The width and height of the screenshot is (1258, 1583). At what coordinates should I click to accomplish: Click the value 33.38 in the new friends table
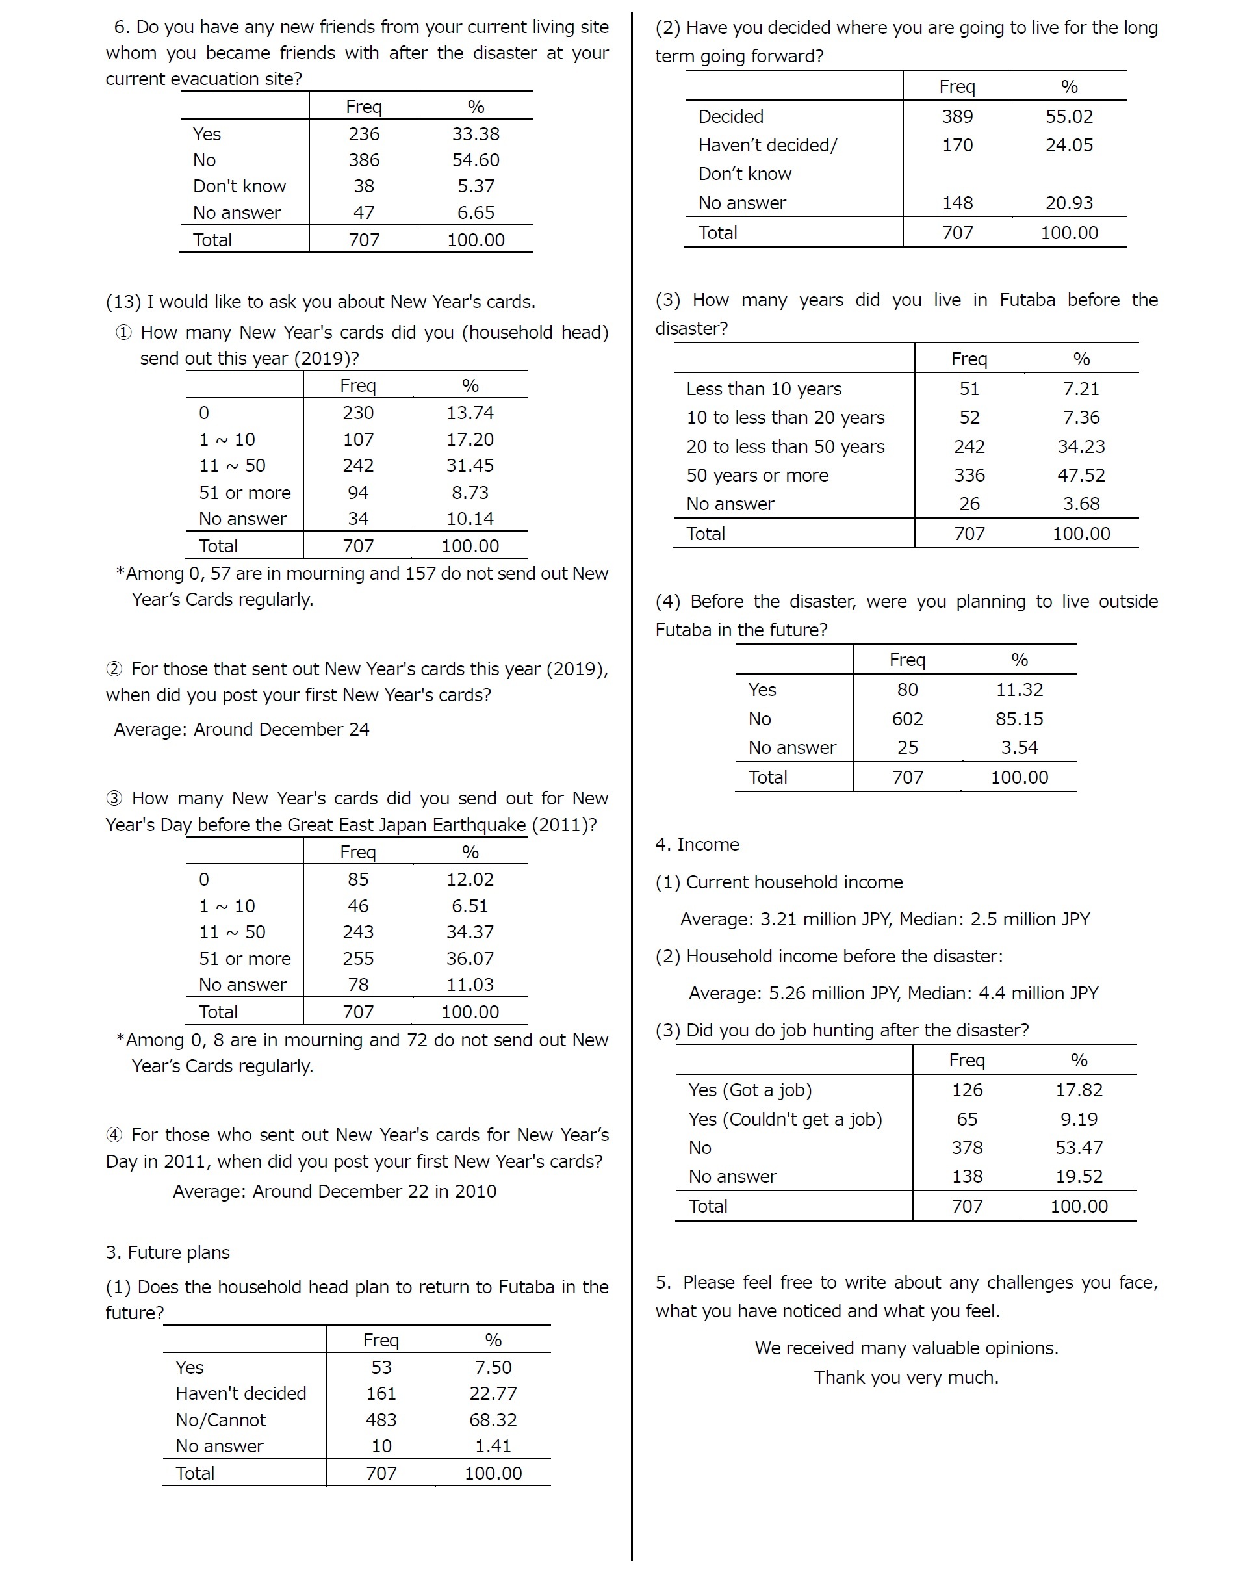click(475, 134)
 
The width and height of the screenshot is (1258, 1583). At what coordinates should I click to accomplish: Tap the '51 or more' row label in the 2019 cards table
click(244, 493)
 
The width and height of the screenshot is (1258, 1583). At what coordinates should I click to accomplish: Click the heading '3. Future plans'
click(168, 1252)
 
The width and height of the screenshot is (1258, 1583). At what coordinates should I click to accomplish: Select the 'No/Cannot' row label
click(220, 1420)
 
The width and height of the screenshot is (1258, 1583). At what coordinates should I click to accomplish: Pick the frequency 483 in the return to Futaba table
click(381, 1420)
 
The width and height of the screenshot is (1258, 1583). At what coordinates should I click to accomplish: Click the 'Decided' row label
click(731, 116)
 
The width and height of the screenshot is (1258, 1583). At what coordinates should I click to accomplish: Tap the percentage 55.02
click(1070, 116)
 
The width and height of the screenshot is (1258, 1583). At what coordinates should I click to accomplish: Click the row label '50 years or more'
click(757, 475)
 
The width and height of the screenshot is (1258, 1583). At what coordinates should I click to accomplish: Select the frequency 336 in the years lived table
click(969, 475)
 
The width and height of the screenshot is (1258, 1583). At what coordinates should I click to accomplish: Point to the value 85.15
click(1020, 719)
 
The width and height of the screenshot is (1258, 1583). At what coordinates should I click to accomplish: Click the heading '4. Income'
click(697, 844)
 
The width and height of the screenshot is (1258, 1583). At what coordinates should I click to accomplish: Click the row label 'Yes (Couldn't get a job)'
click(785, 1119)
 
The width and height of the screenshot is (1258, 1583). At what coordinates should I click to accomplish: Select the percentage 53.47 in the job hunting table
click(1079, 1148)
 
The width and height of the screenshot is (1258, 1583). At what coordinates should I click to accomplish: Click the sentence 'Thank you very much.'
click(906, 1377)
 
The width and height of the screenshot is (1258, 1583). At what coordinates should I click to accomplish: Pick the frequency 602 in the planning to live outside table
click(908, 719)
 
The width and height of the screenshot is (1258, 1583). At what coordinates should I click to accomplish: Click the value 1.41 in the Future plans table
click(493, 1446)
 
